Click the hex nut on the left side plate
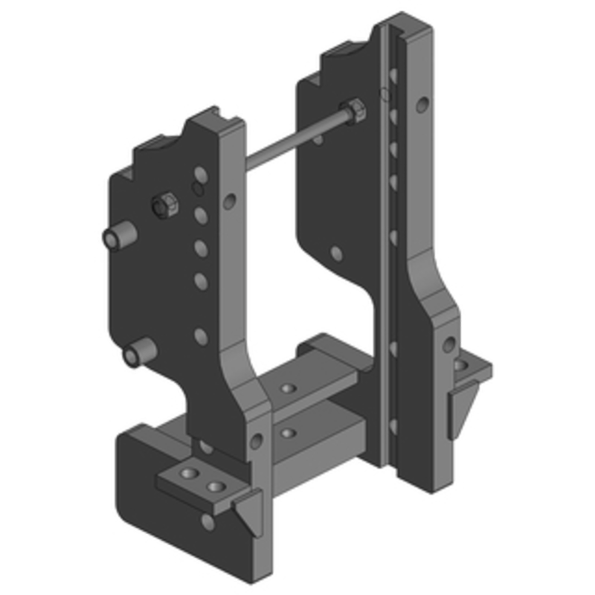[164, 204]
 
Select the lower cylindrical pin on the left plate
[139, 353]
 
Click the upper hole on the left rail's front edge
[231, 200]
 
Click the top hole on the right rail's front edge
[422, 103]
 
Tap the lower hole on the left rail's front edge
[257, 441]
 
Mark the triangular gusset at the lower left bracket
[248, 513]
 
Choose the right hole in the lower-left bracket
[216, 487]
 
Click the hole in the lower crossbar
[287, 432]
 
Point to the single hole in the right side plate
[337, 254]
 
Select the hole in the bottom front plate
[209, 522]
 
